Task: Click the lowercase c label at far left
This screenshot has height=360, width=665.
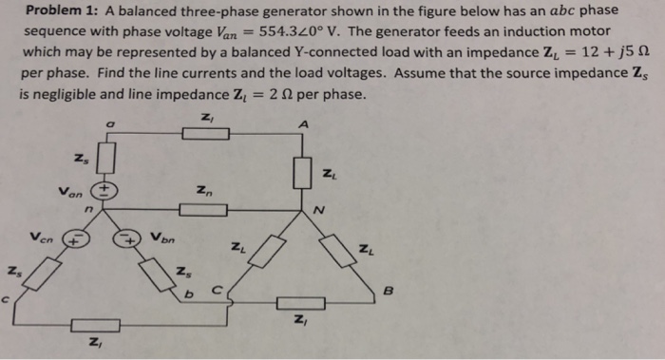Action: point(7,302)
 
